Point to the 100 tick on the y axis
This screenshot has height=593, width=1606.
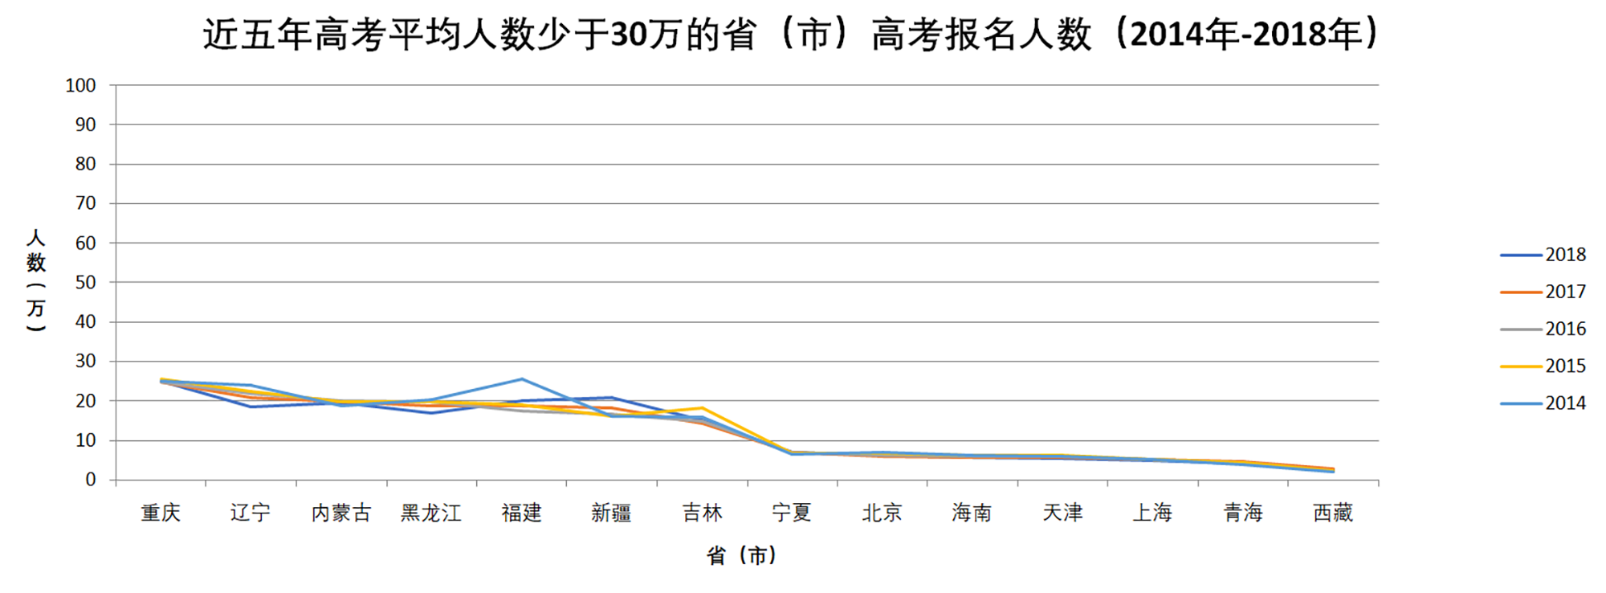80,85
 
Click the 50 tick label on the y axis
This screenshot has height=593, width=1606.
85,282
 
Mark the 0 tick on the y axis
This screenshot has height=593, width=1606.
90,480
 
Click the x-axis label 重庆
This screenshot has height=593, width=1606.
161,513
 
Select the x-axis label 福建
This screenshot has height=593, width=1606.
521,513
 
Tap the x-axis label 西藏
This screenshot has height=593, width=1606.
1333,513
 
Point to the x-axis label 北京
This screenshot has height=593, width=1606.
882,513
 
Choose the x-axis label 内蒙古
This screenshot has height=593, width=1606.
341,513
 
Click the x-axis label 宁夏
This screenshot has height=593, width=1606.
792,513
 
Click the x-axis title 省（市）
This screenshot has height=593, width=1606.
742,555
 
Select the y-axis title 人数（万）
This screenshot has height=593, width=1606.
36,280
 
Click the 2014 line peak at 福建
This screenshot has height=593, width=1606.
522,378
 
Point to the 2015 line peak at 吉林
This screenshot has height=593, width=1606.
702,408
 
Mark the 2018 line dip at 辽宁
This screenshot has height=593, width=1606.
251,407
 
